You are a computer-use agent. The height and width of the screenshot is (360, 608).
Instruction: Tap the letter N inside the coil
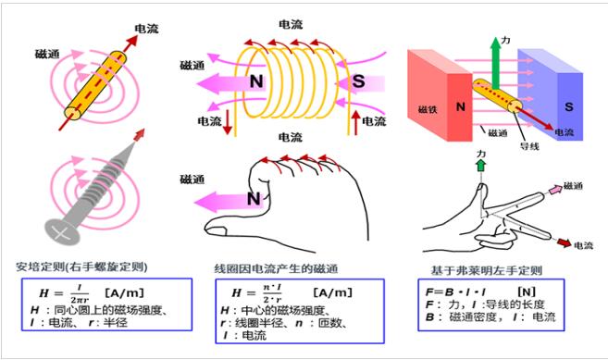(x=257, y=81)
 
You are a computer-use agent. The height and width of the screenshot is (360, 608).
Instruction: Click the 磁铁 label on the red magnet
(x=428, y=108)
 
